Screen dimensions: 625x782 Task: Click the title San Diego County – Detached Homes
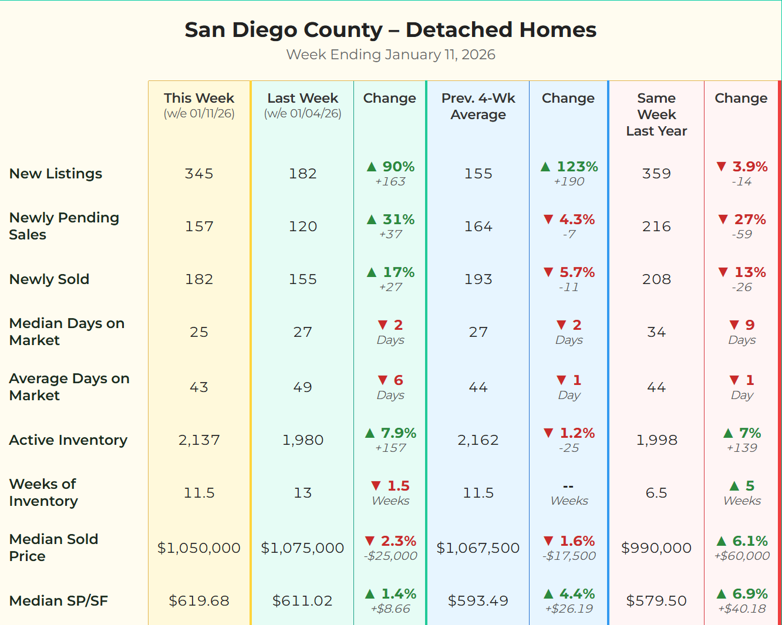click(x=390, y=30)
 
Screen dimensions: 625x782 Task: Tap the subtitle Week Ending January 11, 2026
click(x=390, y=55)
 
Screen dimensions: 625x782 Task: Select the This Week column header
click(x=199, y=99)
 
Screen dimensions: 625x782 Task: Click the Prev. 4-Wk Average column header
click(x=478, y=106)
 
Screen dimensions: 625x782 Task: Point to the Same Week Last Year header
click(x=656, y=114)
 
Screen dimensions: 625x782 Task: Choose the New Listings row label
click(x=56, y=174)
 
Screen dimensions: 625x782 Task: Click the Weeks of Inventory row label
click(x=43, y=492)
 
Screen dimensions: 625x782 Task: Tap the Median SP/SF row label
click(x=59, y=600)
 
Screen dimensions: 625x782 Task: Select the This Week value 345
click(x=199, y=174)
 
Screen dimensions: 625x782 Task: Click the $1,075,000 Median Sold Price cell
click(x=302, y=548)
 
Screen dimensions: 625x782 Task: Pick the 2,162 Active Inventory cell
click(x=478, y=440)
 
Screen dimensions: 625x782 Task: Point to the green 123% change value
click(x=577, y=167)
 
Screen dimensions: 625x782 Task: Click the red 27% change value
click(x=750, y=219)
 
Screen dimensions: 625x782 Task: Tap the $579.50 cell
click(x=656, y=601)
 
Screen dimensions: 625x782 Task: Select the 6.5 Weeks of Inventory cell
click(x=656, y=493)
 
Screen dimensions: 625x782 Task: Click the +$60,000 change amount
click(x=742, y=556)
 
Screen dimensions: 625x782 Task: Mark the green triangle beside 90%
click(x=372, y=167)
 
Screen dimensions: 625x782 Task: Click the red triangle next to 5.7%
click(x=548, y=272)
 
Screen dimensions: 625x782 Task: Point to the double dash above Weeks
click(x=568, y=487)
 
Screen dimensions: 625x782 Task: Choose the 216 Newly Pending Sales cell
click(x=656, y=227)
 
